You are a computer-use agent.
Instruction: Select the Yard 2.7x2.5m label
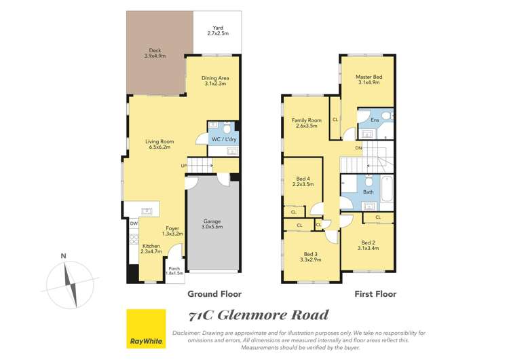pyautogui.click(x=217, y=30)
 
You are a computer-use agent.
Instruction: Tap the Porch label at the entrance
pyautogui.click(x=175, y=270)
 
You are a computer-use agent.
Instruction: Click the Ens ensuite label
pyautogui.click(x=374, y=120)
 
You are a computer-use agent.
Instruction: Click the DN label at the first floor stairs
pyautogui.click(x=359, y=147)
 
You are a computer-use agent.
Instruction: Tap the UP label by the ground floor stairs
pyautogui.click(x=183, y=166)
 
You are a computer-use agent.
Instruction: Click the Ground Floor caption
pyautogui.click(x=214, y=294)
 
